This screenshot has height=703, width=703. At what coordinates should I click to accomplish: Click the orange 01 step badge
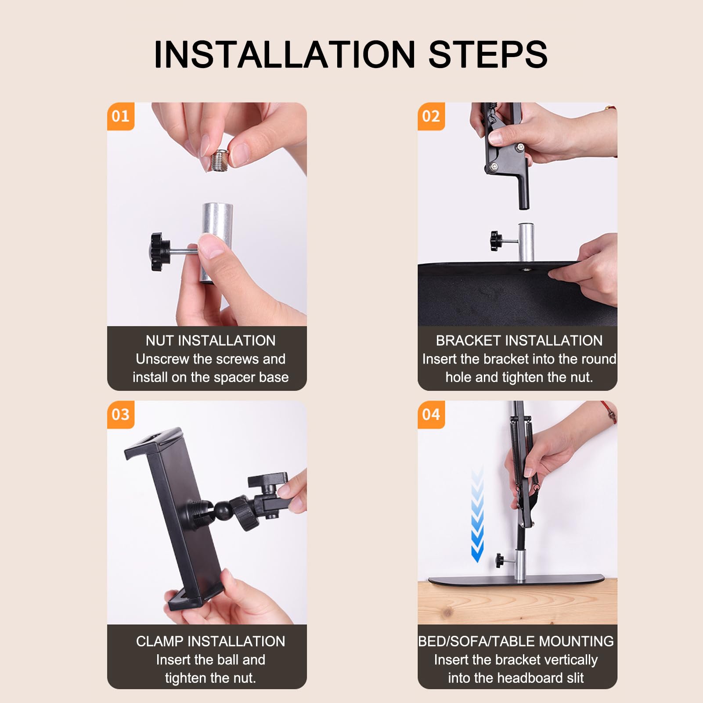pos(121,116)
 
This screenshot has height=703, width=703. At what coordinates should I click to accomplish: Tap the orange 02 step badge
pos(431,116)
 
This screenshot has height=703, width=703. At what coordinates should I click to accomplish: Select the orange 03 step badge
pos(121,415)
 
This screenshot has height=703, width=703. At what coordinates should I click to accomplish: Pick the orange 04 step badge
pos(431,415)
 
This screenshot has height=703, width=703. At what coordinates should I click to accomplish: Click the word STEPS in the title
pos(488,54)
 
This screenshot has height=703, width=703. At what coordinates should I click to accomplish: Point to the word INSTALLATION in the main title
pos(285,54)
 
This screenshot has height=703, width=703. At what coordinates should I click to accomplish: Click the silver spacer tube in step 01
pos(217,243)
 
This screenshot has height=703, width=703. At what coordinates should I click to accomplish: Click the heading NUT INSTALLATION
pos(211,341)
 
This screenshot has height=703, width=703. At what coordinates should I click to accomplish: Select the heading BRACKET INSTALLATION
pos(519,341)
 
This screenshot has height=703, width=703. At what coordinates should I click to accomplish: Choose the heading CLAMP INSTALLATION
pos(211,642)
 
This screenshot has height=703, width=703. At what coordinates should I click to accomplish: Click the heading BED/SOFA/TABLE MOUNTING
pos(516,642)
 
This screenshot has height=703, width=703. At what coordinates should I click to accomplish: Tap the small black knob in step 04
pos(500,560)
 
